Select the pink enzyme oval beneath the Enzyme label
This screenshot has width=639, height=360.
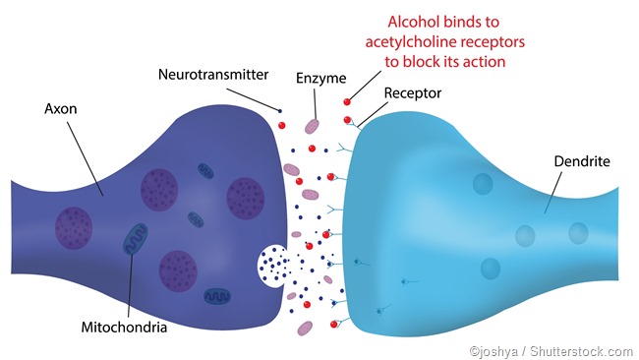pos(312,126)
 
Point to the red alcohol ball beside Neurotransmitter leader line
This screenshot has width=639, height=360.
pos(282,127)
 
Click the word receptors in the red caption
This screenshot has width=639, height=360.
pos(493,42)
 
